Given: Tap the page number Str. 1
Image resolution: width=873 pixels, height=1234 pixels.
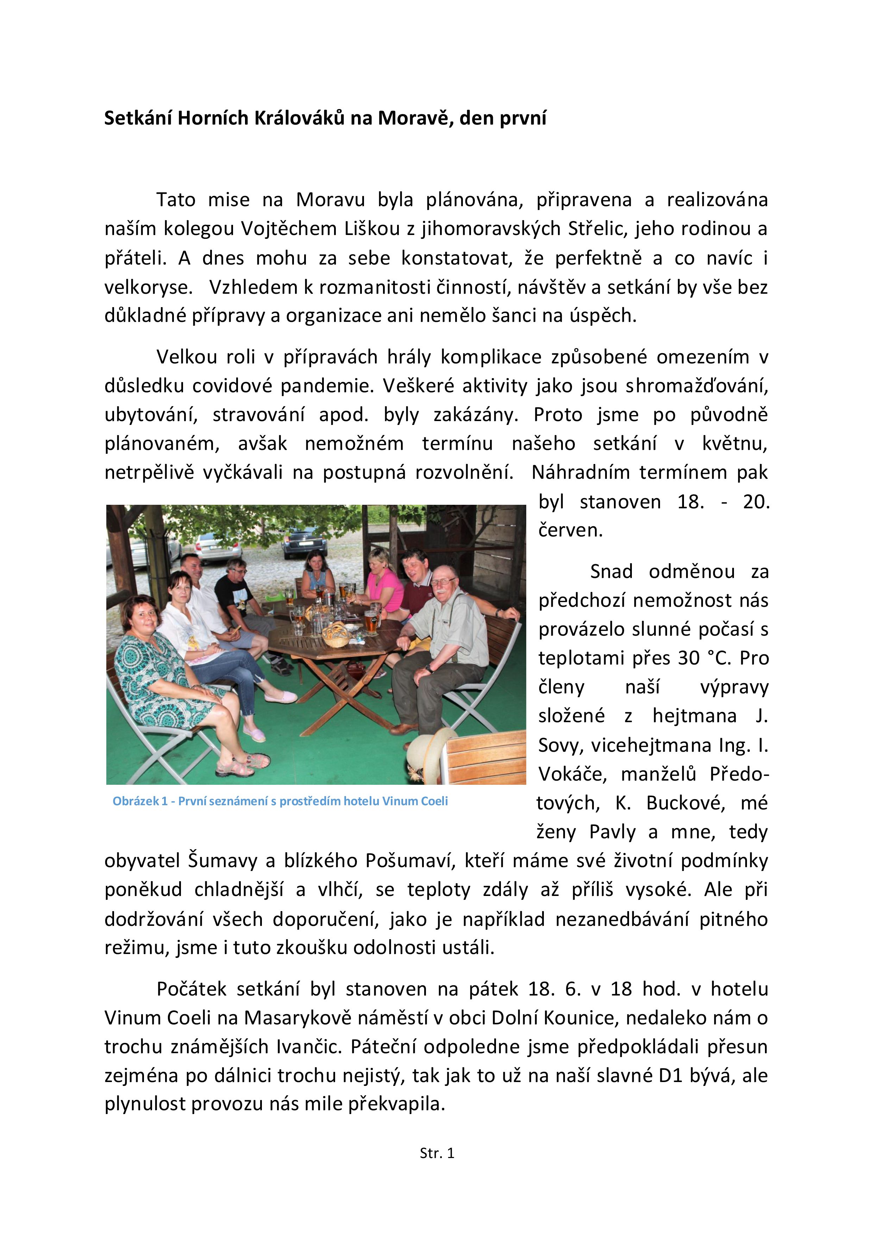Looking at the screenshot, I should point(437,1153).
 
